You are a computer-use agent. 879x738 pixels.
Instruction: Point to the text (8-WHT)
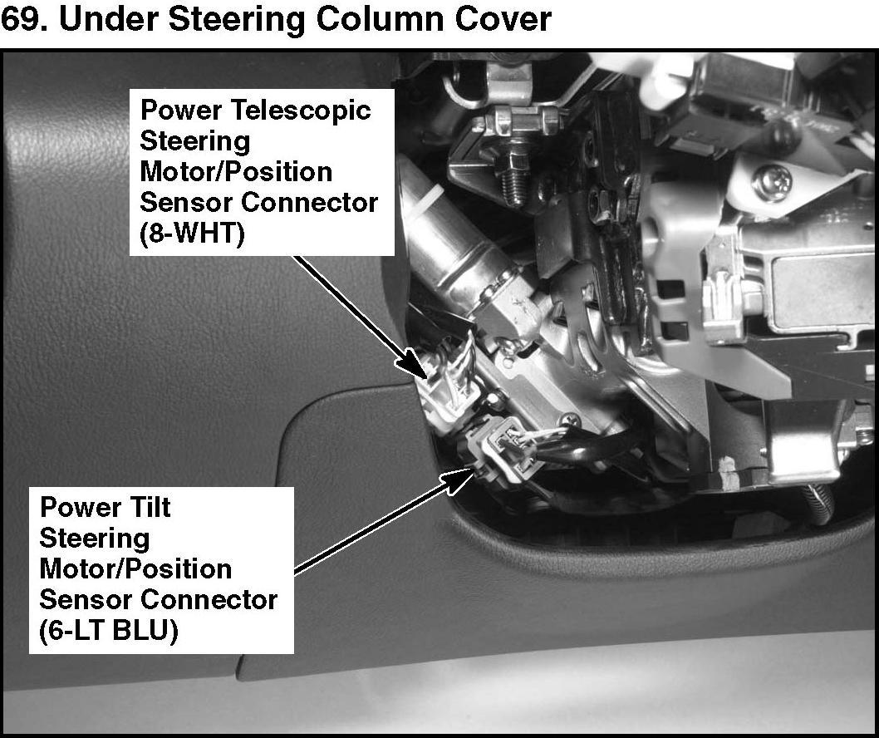(192, 234)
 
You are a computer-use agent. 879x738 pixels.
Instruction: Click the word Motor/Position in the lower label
(135, 569)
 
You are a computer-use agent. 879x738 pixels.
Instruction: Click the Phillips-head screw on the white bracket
(772, 182)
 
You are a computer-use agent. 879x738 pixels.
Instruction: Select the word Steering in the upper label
(195, 140)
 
